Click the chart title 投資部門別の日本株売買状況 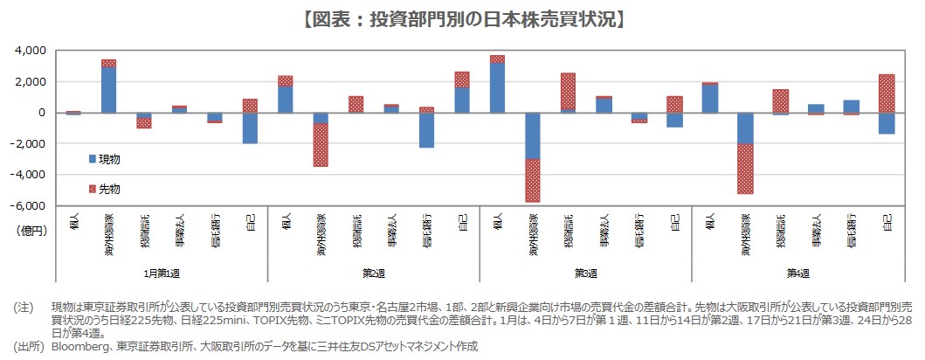[x=462, y=18]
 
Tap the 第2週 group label [x=373, y=273]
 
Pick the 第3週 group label [x=585, y=273]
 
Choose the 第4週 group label [x=797, y=273]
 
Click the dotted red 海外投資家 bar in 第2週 [x=321, y=144]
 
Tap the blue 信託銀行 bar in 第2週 [x=427, y=130]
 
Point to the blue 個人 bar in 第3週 [x=497, y=87]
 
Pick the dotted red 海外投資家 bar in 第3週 [x=532, y=180]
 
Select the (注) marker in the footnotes [x=24, y=308]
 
